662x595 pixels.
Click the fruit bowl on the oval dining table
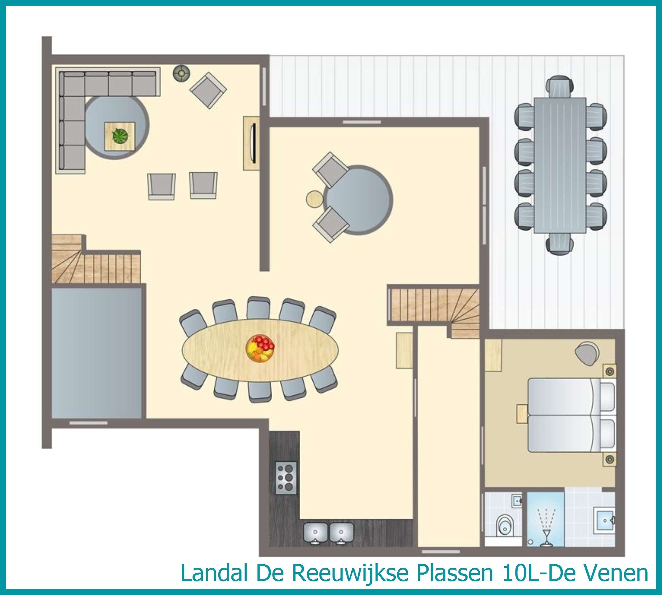tap(260, 348)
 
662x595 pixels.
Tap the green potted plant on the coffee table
tap(120, 136)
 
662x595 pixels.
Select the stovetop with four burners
tap(286, 478)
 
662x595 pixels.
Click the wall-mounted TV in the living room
tap(252, 142)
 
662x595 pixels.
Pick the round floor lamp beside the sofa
tap(181, 73)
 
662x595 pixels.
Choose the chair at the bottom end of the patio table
tap(560, 244)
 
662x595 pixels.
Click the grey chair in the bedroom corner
tap(588, 354)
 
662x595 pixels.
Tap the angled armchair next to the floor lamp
tap(208, 90)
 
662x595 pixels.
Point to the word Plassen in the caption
tap(455, 573)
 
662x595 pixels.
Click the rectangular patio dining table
tap(560, 165)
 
